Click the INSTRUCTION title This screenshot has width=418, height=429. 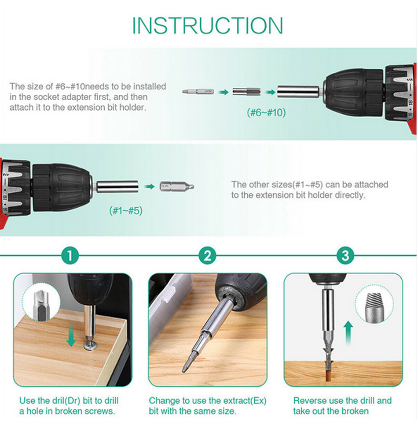click(x=208, y=26)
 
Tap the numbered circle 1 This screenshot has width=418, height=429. click(x=70, y=256)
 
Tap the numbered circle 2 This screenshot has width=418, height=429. click(x=208, y=256)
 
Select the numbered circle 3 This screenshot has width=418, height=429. click(x=345, y=256)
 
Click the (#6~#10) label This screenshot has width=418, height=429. click(x=266, y=112)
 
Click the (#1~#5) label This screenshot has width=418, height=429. click(x=126, y=211)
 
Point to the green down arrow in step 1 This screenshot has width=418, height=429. click(x=71, y=334)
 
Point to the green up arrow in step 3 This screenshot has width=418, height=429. click(x=348, y=333)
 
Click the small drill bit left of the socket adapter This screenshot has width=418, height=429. click(x=198, y=92)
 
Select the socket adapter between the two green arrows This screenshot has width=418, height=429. click(x=246, y=92)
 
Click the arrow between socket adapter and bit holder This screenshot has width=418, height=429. click(x=270, y=92)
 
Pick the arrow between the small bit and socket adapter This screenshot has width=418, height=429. click(x=224, y=92)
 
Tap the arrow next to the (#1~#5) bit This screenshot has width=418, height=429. click(x=149, y=187)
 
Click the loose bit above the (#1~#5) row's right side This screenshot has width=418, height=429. click(x=177, y=187)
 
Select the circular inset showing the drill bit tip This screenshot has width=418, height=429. click(x=41, y=304)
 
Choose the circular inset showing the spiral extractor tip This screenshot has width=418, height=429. click(x=374, y=304)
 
